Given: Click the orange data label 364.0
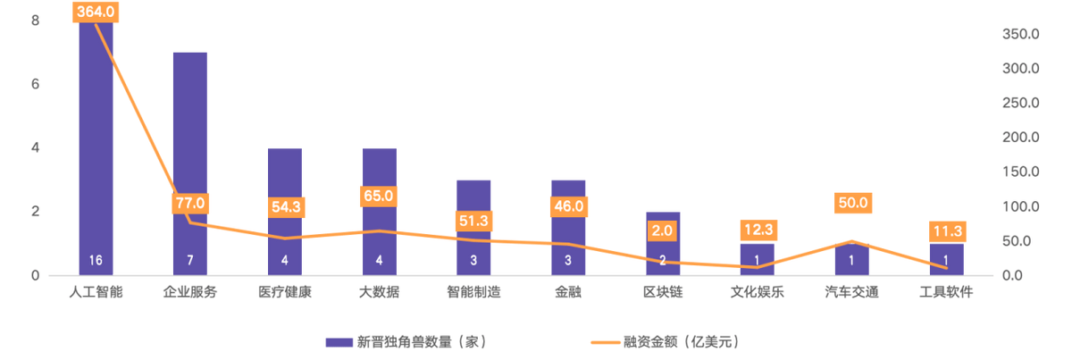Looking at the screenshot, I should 96,11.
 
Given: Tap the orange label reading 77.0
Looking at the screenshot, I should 189,203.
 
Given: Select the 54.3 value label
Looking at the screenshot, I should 285,206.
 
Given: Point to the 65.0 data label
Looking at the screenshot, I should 379,195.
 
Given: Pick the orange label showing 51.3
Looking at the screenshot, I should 473,221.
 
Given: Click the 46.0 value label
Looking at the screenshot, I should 568,205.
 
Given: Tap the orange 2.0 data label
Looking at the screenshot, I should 662,230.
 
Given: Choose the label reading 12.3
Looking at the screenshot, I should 757,230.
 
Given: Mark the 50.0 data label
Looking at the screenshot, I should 851,203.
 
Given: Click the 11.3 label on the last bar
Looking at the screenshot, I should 945,231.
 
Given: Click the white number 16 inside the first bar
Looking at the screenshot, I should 96,260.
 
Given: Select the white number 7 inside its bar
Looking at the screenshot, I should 189,260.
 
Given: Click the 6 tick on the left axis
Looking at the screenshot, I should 35,83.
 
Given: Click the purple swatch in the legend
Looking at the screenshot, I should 338,341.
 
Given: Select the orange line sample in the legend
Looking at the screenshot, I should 605,341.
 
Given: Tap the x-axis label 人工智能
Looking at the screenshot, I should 96,292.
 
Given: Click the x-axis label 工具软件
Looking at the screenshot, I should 945,292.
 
